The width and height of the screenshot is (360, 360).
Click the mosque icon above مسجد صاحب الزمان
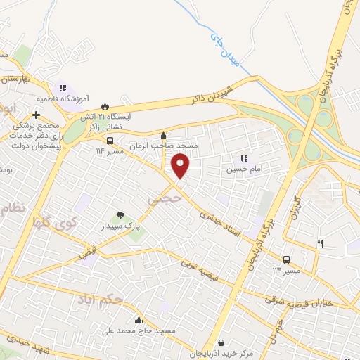pos(164,136)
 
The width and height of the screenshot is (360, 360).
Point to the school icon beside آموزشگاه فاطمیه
pos(63,89)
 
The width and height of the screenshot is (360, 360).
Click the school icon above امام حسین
pos(244,159)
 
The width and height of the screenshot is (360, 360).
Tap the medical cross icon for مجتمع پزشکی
pos(36,115)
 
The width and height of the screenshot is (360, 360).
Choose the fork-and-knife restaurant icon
pos(321,243)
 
